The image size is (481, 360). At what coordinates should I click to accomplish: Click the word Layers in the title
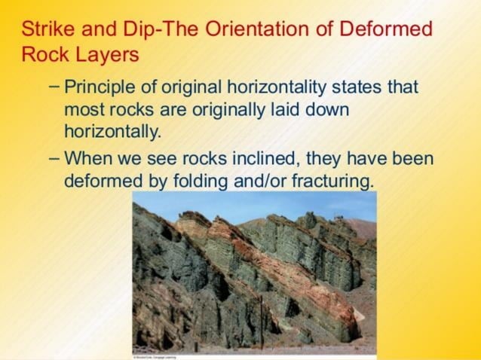106,56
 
